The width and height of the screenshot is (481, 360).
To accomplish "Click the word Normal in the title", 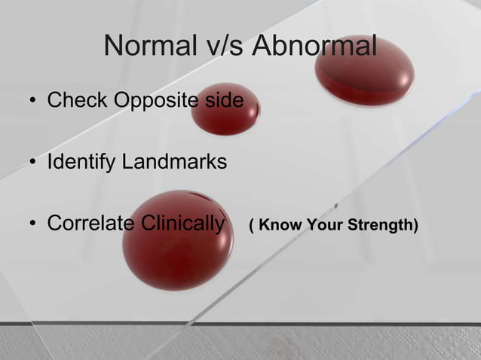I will pyautogui.click(x=145, y=47).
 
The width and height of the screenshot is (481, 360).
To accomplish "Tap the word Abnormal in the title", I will pyautogui.click(x=314, y=47).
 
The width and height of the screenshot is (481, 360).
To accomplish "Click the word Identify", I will pyautogui.click(x=78, y=162).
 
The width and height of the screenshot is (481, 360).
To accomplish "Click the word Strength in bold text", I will pyautogui.click(x=381, y=225).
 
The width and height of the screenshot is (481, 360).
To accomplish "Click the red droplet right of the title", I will pyautogui.click(x=364, y=72).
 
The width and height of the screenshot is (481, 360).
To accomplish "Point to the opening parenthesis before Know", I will pyautogui.click(x=251, y=225).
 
